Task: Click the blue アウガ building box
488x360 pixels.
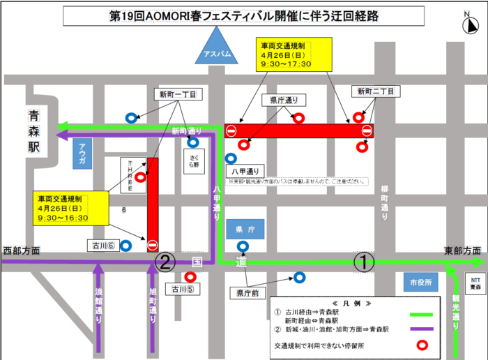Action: (82, 153)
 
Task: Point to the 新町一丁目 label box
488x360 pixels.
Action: (177, 93)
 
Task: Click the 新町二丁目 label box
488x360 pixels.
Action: (376, 91)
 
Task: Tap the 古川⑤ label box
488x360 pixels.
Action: (180, 288)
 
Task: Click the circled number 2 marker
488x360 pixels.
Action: (165, 262)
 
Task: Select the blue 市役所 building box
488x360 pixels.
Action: (420, 282)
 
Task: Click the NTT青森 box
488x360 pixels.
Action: (475, 283)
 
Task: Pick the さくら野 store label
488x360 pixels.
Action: (193, 161)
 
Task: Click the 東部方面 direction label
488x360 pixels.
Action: (462, 250)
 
